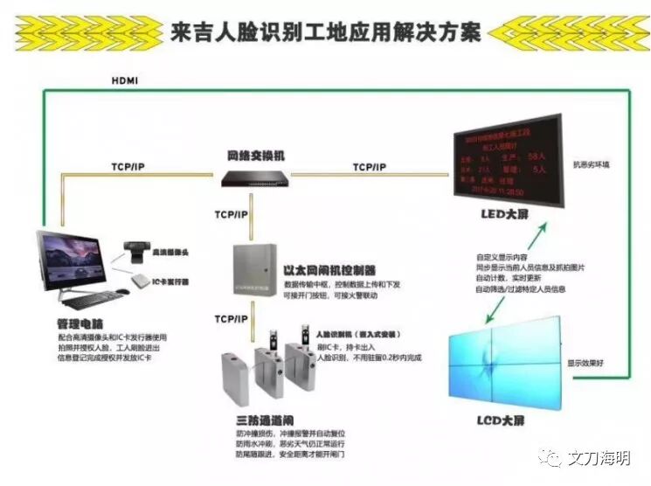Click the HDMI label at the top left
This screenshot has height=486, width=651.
[125, 81]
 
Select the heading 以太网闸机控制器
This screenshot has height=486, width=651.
[330, 270]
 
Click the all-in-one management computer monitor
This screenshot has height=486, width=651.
[79, 259]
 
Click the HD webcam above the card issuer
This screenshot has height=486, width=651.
[136, 251]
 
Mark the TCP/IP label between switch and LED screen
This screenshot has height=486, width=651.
[370, 166]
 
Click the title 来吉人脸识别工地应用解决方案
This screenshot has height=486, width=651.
[326, 32]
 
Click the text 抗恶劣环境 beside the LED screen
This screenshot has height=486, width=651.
[592, 163]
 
